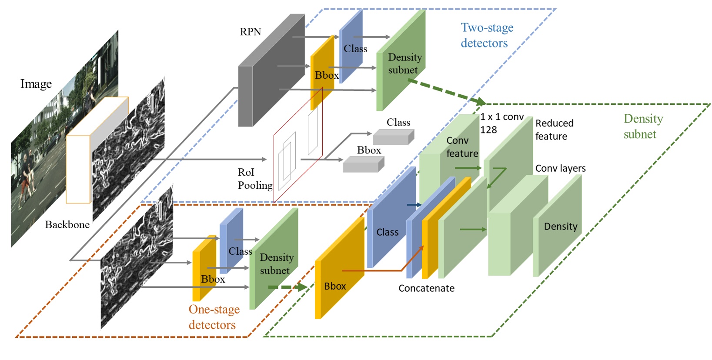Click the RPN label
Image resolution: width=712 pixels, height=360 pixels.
250,32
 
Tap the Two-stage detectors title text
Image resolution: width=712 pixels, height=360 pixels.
486,35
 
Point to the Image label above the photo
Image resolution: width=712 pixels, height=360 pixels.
36,84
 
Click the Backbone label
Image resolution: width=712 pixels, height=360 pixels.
67,225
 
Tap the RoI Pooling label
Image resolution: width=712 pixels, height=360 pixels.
254,179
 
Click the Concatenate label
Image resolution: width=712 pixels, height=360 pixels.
426,288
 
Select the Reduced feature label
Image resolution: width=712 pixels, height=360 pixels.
554,130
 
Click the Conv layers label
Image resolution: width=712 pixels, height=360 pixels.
560,168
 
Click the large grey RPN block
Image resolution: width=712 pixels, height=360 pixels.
270,74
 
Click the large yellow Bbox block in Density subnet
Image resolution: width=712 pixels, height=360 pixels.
339,270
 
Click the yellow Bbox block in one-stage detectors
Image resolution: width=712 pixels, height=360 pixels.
204,270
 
